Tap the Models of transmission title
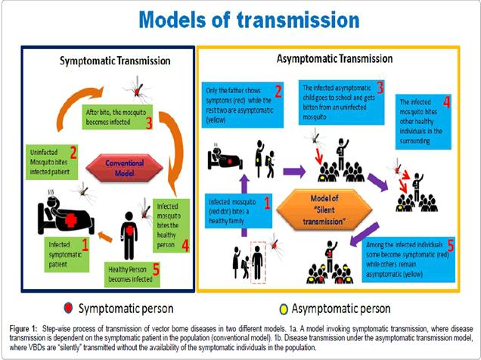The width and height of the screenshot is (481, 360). click(240, 20)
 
